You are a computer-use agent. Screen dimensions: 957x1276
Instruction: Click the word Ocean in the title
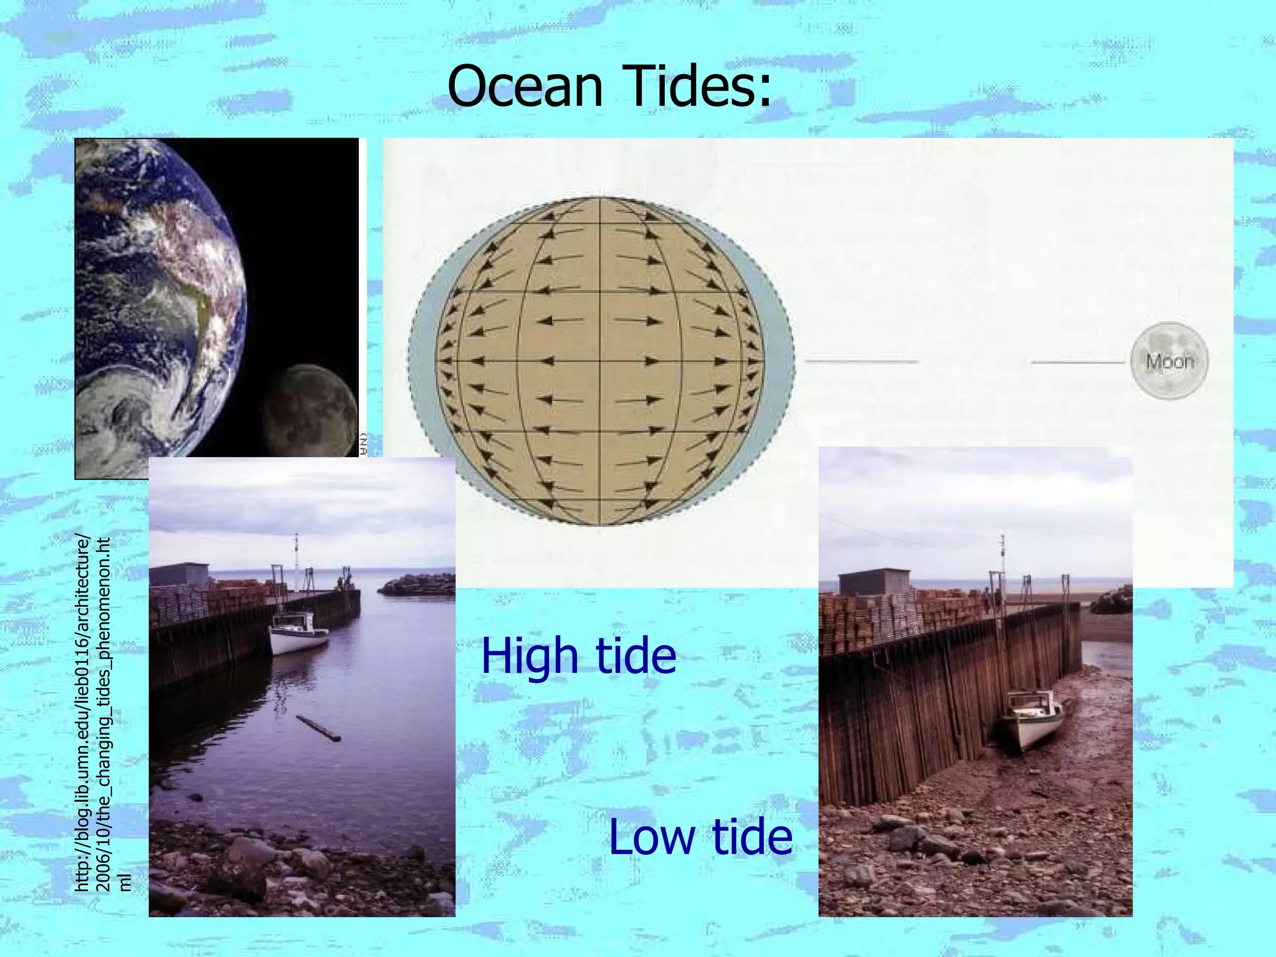click(x=525, y=86)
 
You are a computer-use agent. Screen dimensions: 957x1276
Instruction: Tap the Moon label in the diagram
click(x=1169, y=361)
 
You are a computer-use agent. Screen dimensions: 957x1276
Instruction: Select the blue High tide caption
click(x=578, y=655)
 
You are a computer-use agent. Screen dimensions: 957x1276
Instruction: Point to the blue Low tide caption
click(x=700, y=836)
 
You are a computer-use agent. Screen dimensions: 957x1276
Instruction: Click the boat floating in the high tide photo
click(x=298, y=633)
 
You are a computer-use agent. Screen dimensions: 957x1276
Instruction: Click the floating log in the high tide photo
click(x=318, y=728)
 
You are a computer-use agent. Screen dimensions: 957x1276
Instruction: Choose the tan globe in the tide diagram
click(x=600, y=361)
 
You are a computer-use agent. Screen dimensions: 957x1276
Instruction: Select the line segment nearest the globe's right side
click(x=862, y=361)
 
